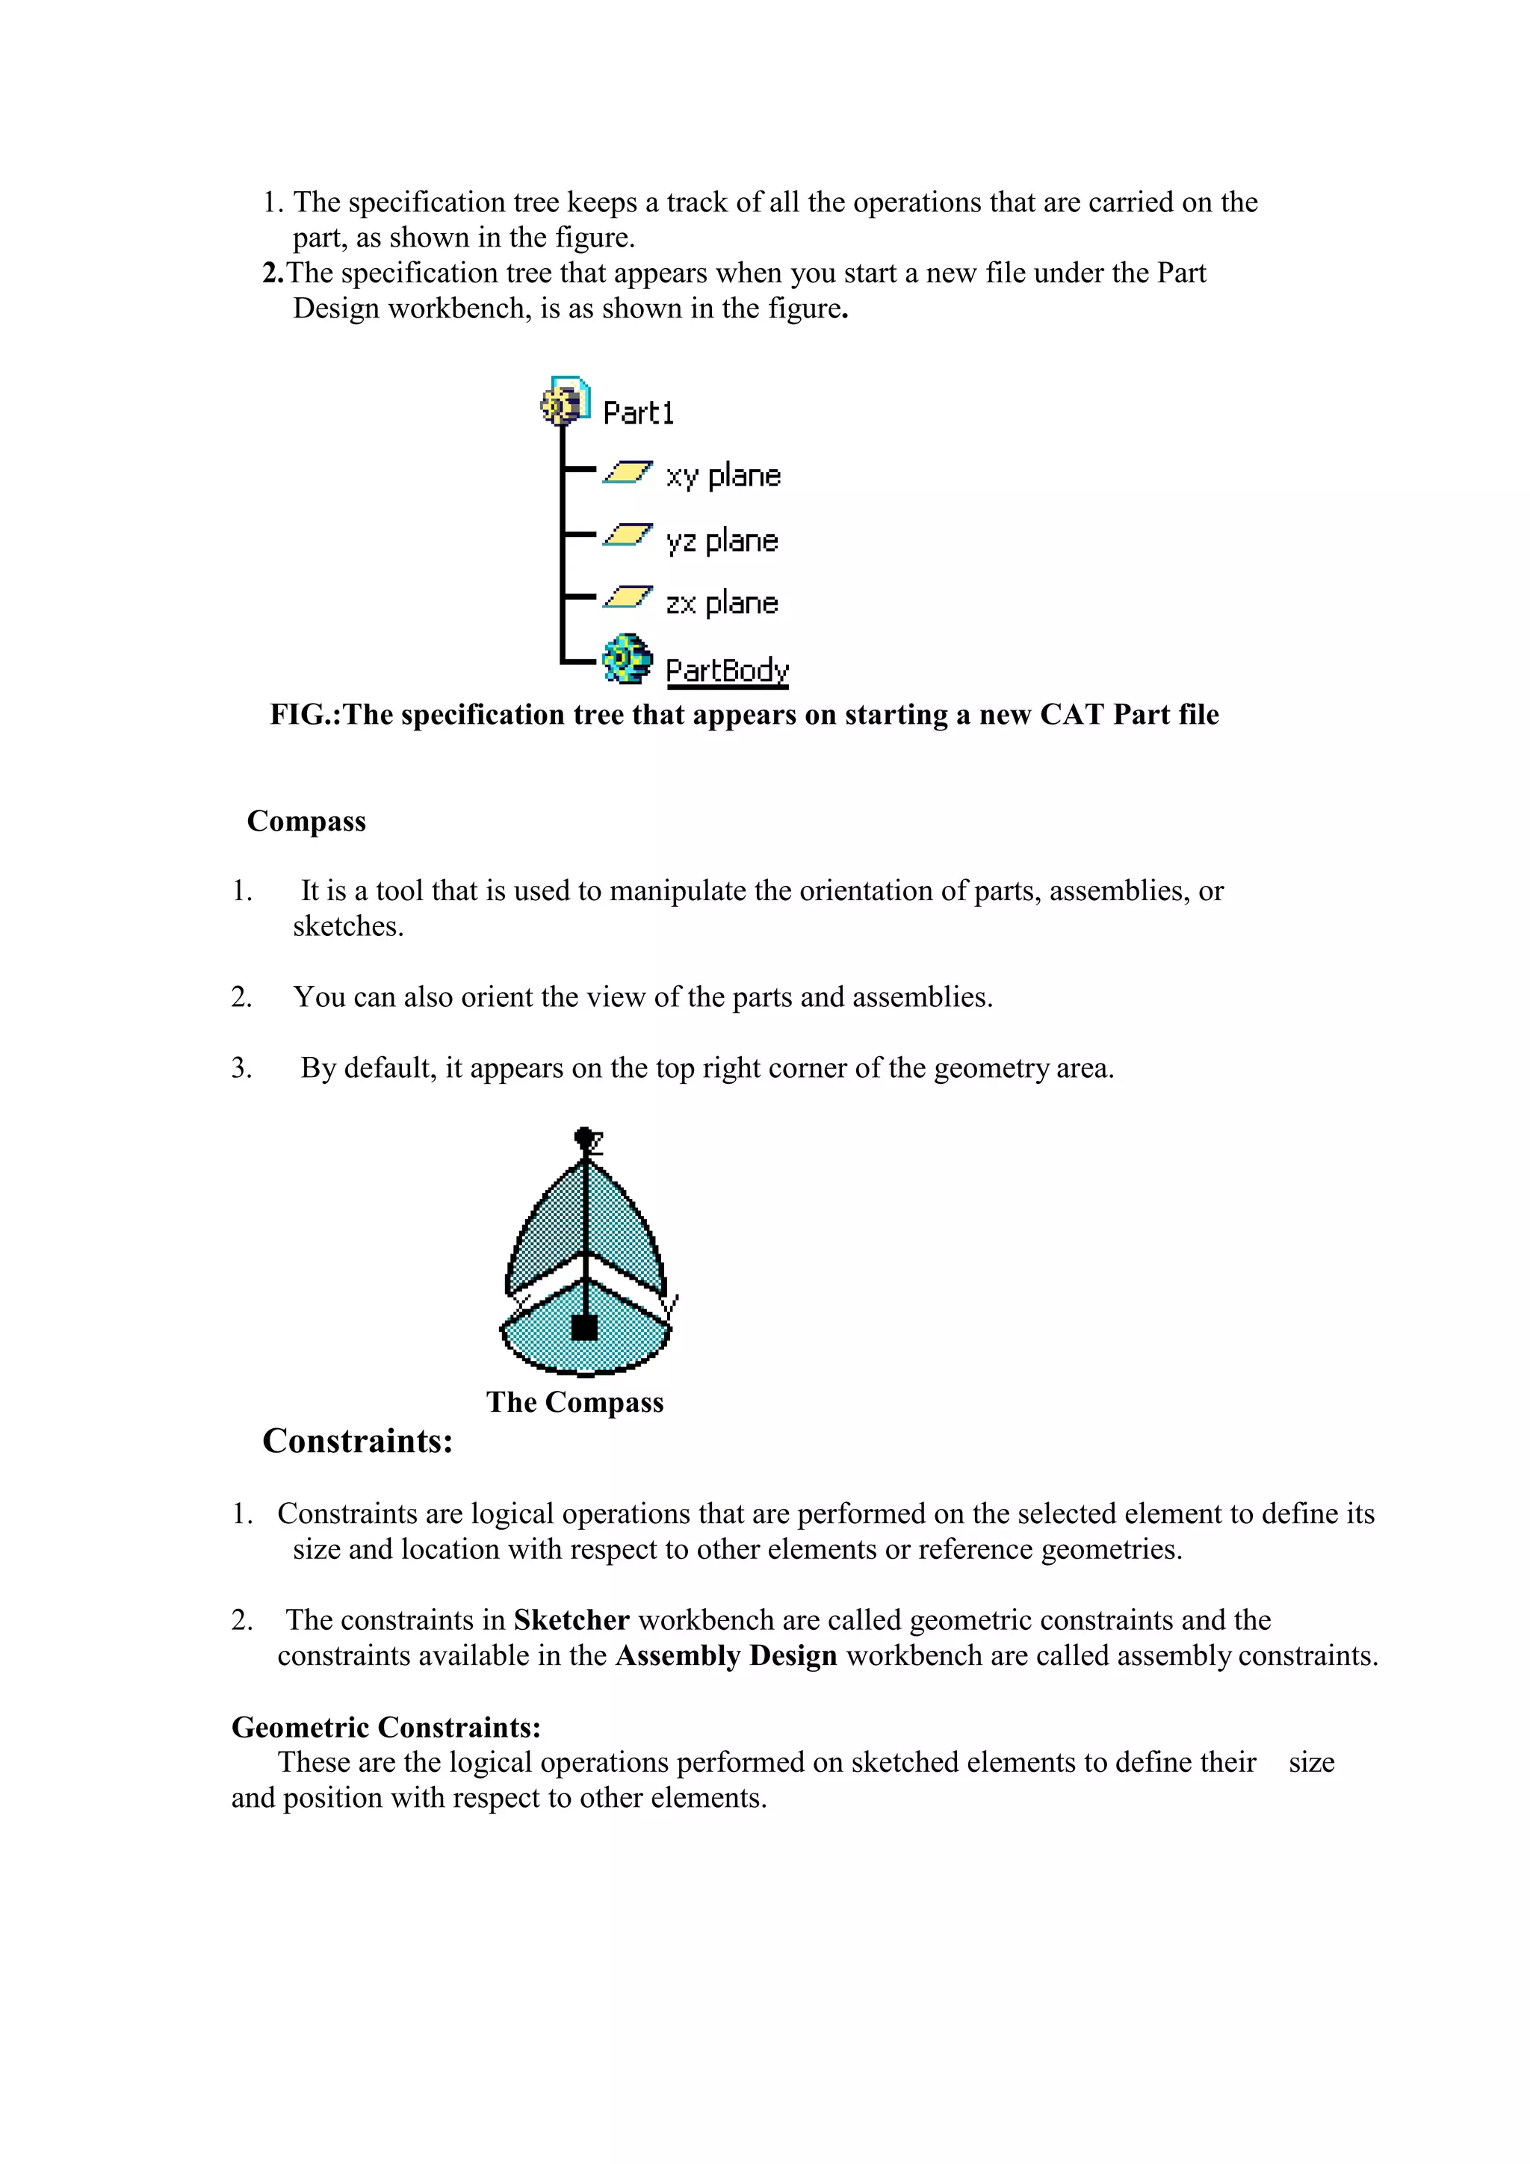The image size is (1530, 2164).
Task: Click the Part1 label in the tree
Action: [638, 413]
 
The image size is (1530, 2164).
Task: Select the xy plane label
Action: [723, 476]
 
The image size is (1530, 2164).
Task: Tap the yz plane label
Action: [721, 541]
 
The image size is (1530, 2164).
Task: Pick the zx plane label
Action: [721, 604]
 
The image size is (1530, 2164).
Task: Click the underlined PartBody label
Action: [727, 670]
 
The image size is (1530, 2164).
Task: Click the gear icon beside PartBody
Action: [627, 659]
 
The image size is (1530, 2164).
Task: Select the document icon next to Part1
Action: [566, 403]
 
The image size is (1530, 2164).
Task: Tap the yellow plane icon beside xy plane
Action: [628, 472]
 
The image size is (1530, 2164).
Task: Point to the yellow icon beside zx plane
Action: [628, 597]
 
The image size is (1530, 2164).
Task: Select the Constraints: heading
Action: [357, 1441]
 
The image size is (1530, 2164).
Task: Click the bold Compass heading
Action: [306, 821]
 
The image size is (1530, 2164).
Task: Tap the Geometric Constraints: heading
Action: [386, 1727]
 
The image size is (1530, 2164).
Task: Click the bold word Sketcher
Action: [570, 1620]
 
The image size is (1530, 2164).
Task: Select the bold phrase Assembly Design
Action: [726, 1656]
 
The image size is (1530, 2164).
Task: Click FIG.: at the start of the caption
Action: [305, 714]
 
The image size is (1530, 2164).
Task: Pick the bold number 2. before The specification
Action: [273, 273]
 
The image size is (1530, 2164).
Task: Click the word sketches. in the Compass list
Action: [348, 926]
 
